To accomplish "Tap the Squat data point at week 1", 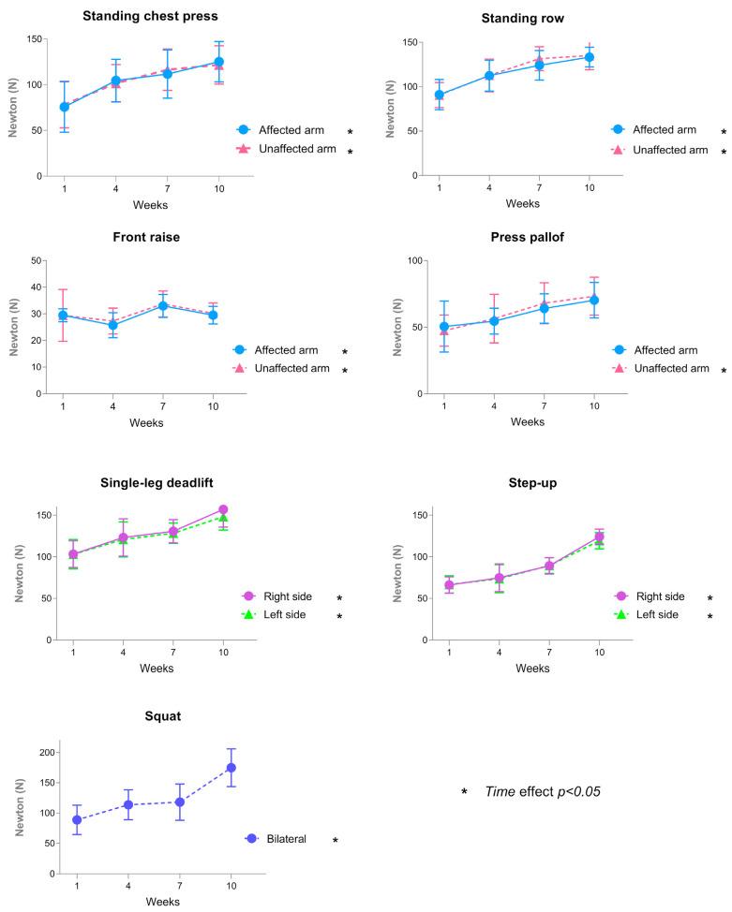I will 77,820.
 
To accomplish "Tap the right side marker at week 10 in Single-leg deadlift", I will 223,510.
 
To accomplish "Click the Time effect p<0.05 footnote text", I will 542,791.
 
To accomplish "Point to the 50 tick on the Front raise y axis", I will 37,260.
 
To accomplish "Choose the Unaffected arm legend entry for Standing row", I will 666,150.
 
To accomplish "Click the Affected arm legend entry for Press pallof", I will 666,350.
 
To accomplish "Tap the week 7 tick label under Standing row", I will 539,187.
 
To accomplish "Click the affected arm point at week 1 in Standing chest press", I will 65,107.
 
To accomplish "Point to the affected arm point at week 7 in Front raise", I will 162,306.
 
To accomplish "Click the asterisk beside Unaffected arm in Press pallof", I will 723,371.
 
